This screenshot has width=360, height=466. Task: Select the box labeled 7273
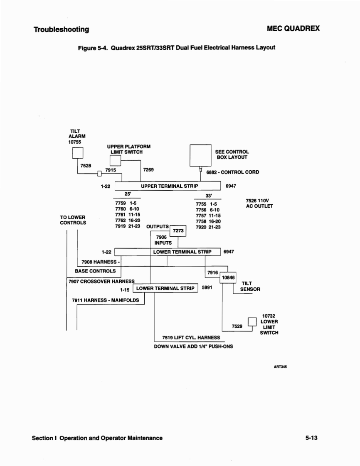point(178,231)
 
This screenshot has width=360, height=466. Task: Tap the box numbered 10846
point(228,277)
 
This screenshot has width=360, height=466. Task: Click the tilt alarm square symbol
point(78,153)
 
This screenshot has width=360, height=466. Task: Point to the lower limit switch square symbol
point(252,322)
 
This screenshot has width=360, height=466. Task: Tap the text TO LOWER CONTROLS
point(73,220)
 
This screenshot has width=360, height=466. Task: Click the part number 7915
point(111,170)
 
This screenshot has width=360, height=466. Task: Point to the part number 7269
point(148,170)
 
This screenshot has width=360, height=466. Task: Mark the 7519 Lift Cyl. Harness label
point(191,338)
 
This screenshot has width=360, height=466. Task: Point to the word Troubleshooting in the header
point(61,29)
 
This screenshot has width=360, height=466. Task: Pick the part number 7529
point(237,326)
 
